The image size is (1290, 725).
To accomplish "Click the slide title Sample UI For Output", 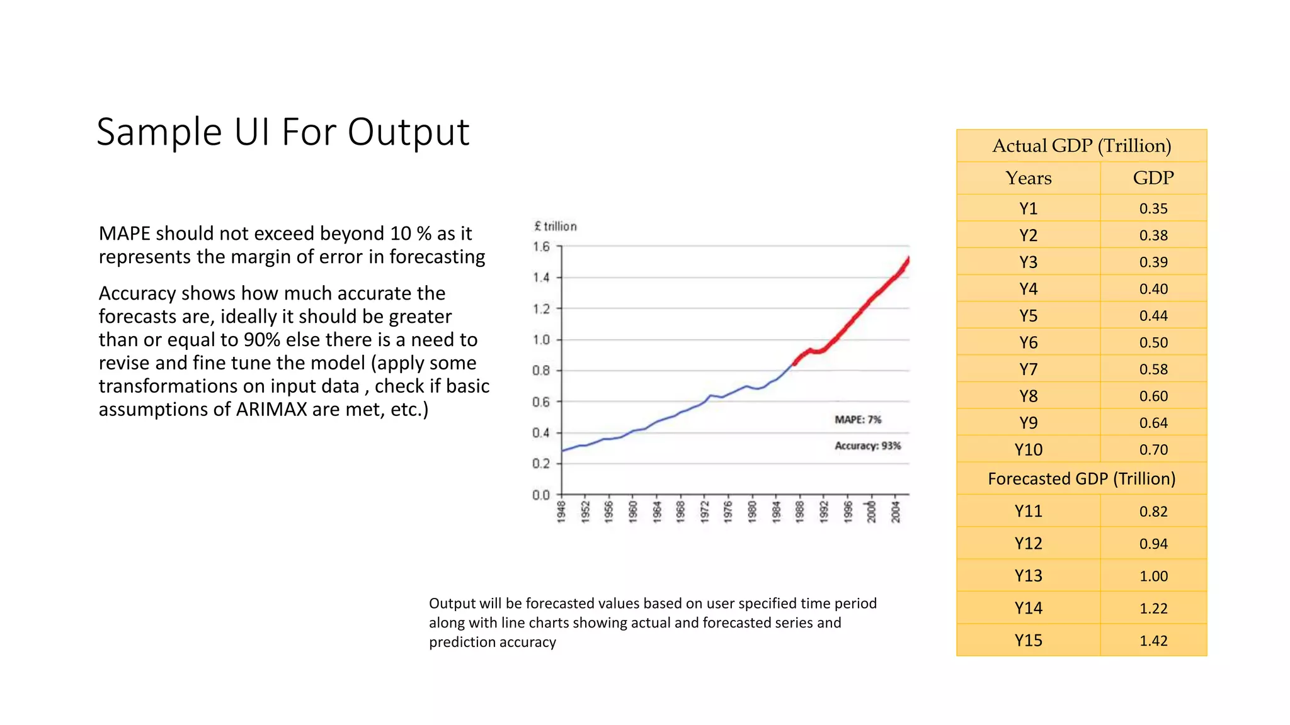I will click(283, 133).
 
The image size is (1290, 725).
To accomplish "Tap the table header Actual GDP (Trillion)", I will click(1081, 146).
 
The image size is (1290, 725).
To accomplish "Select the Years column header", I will click(1028, 178).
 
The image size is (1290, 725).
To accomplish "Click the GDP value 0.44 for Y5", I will click(1153, 316).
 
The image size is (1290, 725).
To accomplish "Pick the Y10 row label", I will click(1028, 450).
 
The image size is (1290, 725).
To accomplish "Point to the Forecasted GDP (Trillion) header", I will click(1081, 479).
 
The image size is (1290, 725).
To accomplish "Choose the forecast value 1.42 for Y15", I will click(1153, 641).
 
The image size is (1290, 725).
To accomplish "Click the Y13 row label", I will click(1028, 576).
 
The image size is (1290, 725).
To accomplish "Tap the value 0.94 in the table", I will click(1153, 544).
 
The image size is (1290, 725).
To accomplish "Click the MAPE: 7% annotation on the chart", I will click(857, 420).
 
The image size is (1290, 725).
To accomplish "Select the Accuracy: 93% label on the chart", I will click(867, 446).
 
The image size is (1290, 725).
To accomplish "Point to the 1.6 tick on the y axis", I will click(541, 247).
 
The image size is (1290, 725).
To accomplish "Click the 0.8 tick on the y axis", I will click(541, 371).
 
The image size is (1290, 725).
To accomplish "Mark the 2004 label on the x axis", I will click(896, 512).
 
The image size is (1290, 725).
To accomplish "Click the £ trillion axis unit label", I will click(555, 227).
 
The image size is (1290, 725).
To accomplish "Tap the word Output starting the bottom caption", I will click(452, 604).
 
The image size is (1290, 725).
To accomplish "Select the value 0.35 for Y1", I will click(1153, 209).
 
